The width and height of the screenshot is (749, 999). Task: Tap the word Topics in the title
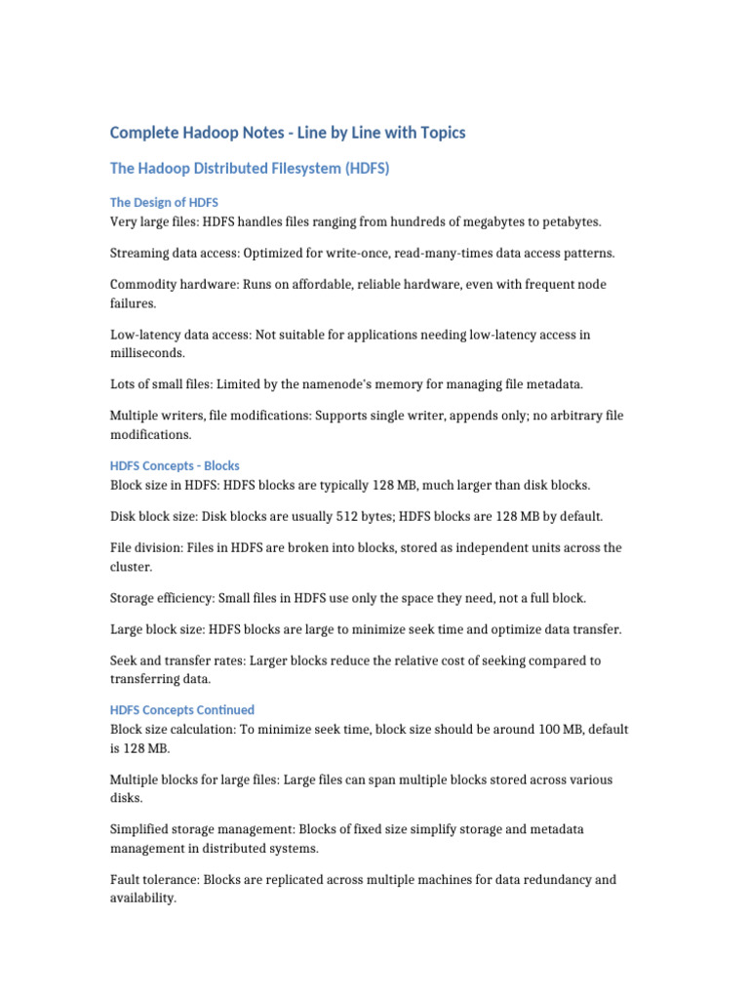pyautogui.click(x=442, y=132)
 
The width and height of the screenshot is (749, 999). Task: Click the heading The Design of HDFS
pyautogui.click(x=164, y=202)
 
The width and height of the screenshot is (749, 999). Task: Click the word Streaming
pyautogui.click(x=140, y=253)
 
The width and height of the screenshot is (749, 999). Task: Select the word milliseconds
pyautogui.click(x=148, y=353)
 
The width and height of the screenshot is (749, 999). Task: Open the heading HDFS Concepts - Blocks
pyautogui.click(x=175, y=465)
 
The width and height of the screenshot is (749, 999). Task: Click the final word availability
pyautogui.click(x=142, y=899)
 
